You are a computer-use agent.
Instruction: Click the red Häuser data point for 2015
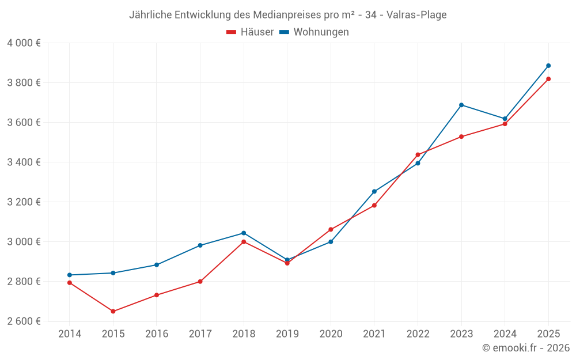pos(113,312)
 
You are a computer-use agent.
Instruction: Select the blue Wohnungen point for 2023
pos(461,105)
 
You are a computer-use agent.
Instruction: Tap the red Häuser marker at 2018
pos(244,242)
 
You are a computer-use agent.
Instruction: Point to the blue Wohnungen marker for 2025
pos(548,66)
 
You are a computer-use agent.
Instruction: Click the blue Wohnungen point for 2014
pos(70,275)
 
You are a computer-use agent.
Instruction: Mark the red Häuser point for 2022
pos(418,154)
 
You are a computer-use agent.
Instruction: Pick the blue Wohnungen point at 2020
pos(331,242)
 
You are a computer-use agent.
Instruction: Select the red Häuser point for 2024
pos(505,124)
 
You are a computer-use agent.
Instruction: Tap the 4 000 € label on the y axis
pos(24,43)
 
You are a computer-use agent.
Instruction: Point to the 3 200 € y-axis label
pos(24,202)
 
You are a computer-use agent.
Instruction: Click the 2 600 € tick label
pos(24,321)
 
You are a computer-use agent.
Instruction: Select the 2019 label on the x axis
pos(287,334)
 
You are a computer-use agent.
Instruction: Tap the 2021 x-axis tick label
pos(374,334)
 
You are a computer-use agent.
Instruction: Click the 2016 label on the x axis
pos(157,334)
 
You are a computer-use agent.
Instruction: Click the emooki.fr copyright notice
pos(525,348)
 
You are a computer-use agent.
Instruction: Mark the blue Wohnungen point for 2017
pos(200,245)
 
